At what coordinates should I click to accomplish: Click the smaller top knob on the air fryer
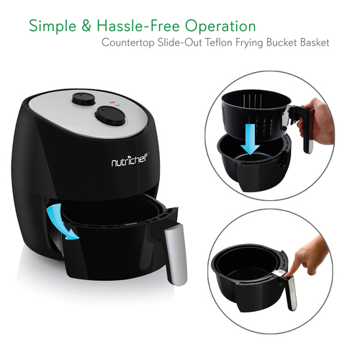pos(83,99)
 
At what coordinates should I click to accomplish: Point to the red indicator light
pos(112,102)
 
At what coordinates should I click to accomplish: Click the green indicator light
pos(117,105)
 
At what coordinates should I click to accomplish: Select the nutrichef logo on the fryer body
pos(130,161)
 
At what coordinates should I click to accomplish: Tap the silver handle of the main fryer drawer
pos(176,254)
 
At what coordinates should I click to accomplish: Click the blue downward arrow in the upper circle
pos(250,139)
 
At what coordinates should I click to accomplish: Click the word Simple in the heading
pos(53,26)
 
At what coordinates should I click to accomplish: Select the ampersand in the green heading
pos(86,26)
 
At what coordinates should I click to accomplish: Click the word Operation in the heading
pos(220,26)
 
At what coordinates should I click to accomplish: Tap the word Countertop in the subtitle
pos(128,43)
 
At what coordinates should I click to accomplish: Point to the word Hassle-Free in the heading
pos(138,26)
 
